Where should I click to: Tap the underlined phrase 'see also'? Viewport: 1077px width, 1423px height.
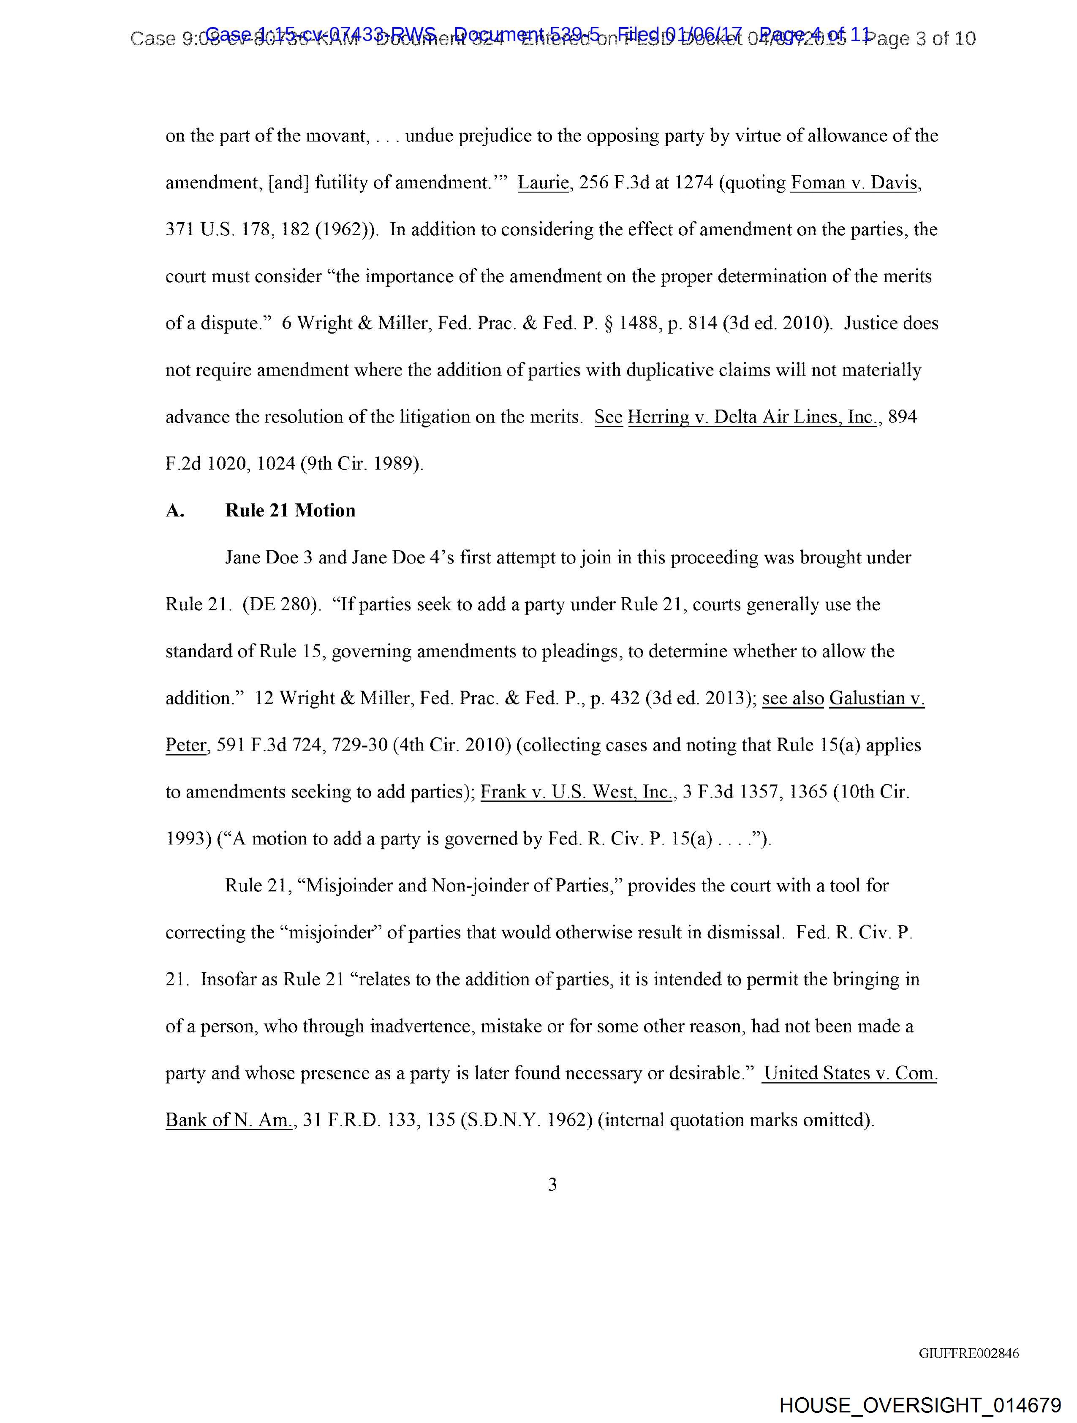[793, 699]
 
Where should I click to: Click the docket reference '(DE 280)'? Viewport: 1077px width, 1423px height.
[281, 605]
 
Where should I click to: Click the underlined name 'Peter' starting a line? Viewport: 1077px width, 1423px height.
[186, 746]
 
